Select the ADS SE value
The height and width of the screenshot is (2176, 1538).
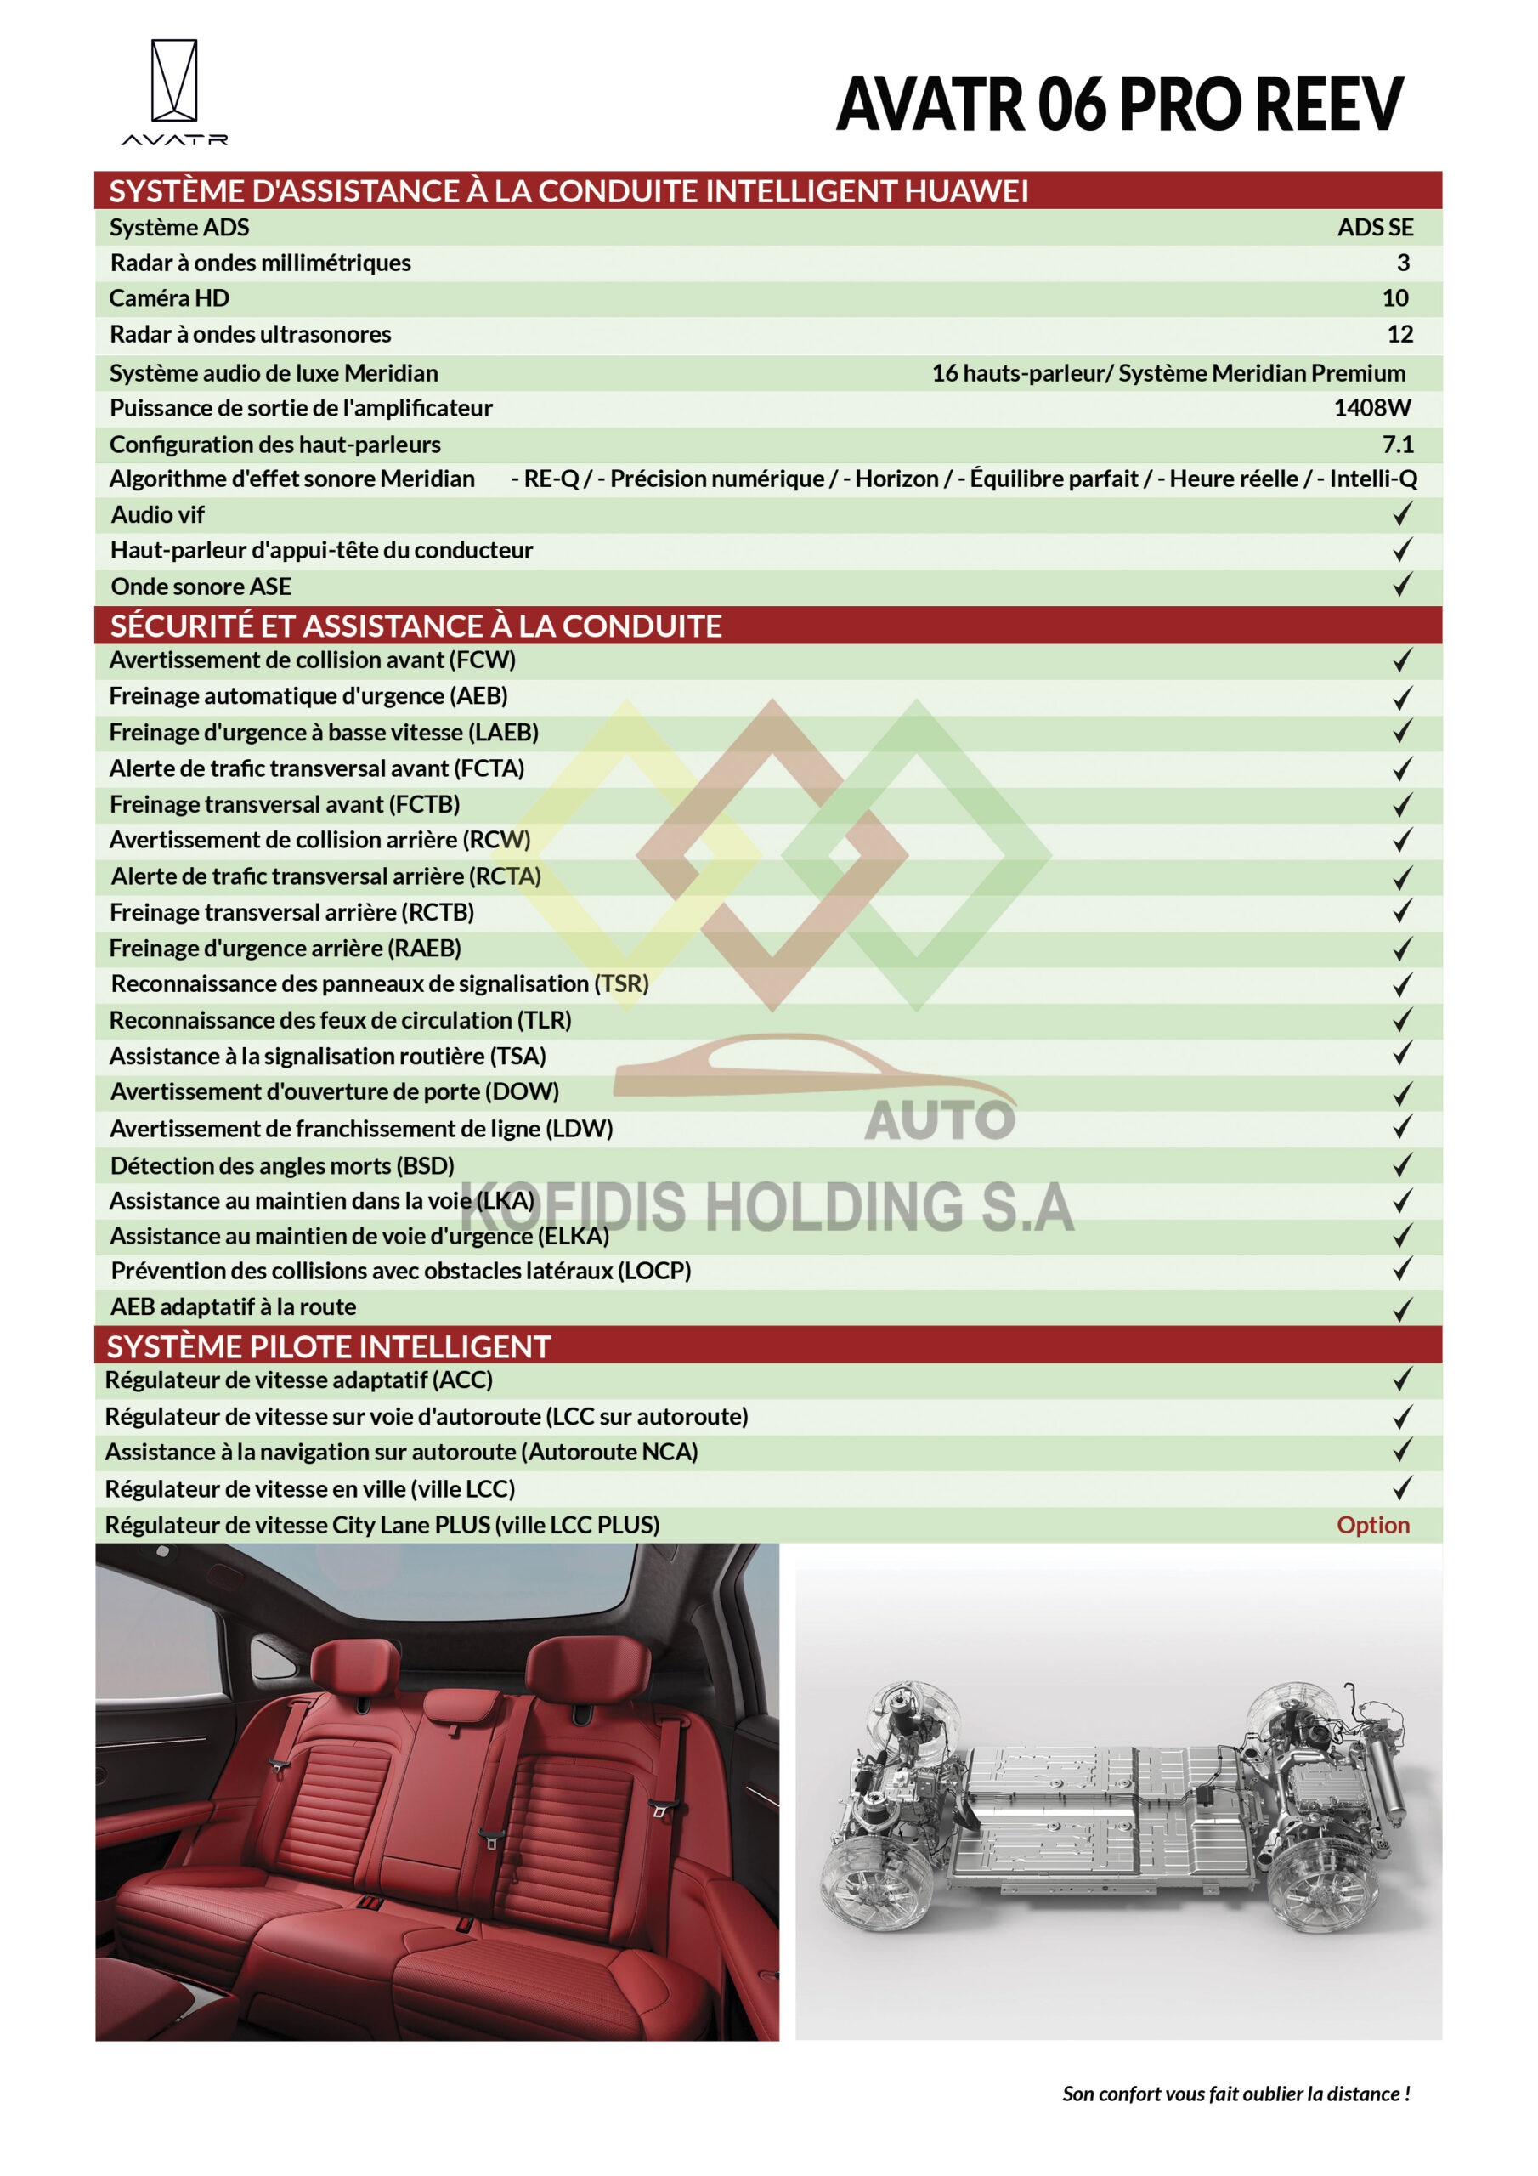1374,228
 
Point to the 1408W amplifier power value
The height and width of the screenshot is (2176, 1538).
1371,409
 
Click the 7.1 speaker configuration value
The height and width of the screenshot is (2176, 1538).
1397,445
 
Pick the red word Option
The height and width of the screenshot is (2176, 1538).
1372,1525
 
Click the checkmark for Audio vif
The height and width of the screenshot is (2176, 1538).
1401,514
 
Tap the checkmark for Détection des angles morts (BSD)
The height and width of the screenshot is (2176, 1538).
1401,1164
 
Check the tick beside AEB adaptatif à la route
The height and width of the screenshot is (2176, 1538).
1401,1309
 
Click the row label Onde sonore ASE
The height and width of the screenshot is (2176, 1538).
201,586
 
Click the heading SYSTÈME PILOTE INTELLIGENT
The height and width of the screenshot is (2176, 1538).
328,1346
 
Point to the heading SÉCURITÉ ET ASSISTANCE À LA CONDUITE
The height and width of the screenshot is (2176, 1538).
416,626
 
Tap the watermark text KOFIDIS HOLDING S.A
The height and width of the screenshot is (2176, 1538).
767,1206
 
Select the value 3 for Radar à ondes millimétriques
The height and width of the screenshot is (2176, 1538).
1403,263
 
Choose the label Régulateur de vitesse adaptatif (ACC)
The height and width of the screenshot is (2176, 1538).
298,1380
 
